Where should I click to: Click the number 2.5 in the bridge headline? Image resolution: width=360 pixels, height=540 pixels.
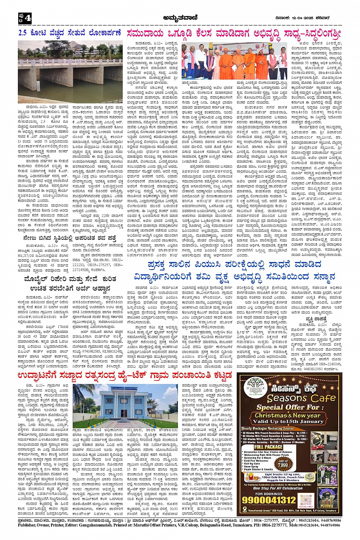coord(22,33)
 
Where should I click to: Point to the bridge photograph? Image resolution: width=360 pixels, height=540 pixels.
coord(70,72)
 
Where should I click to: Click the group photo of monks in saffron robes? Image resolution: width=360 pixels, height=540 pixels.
coord(240,61)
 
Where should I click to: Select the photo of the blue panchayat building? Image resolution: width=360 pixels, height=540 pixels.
coord(125,406)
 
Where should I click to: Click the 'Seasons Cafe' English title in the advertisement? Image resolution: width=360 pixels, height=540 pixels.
coord(301,398)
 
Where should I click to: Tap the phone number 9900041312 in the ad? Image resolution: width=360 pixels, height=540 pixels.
coord(269,500)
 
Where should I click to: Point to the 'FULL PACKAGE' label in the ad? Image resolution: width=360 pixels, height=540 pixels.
coord(269,447)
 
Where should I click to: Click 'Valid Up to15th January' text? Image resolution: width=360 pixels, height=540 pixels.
coord(288,421)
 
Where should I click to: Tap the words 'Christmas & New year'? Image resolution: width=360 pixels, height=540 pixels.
coord(288,415)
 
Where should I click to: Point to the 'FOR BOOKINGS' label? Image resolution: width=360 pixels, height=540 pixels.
coord(269,494)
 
